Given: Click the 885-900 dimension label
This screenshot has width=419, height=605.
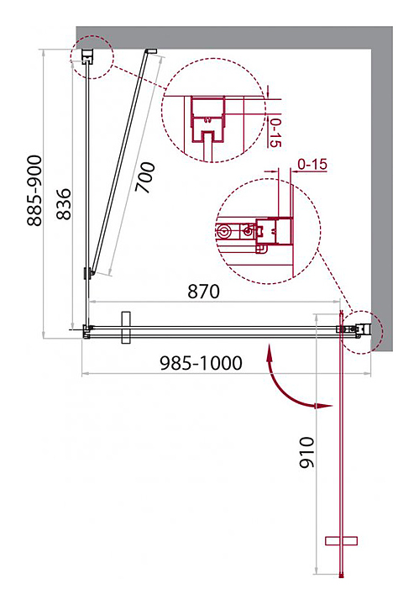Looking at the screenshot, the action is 34,190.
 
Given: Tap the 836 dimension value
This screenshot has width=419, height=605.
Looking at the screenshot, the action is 64,204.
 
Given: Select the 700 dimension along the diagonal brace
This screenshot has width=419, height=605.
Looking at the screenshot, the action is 145,177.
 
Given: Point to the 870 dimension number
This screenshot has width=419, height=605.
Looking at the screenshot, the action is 203,292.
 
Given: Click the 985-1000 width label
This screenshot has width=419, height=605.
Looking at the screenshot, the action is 201,363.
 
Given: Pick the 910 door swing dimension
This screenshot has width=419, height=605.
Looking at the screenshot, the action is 307,453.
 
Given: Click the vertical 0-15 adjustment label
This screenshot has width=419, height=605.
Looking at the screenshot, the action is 275,133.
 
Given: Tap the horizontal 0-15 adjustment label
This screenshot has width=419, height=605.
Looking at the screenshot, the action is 312,165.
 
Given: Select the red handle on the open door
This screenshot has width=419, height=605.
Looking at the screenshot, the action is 341,541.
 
